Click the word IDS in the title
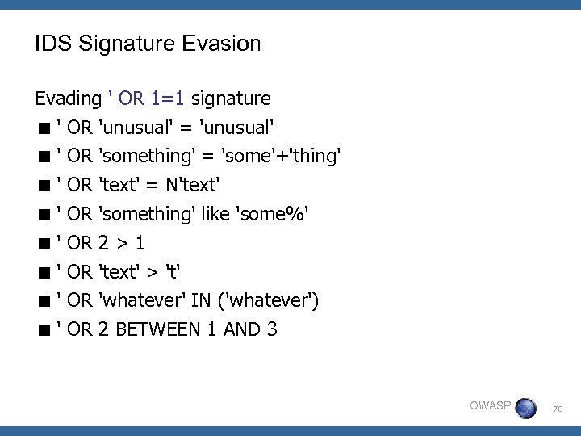click(x=50, y=44)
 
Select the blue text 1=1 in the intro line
click(x=168, y=99)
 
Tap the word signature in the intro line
click(x=231, y=99)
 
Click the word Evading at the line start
click(x=68, y=99)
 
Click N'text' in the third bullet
click(x=193, y=185)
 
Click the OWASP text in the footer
click(x=490, y=405)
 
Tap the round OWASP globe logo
click(x=525, y=407)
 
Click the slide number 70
click(x=558, y=410)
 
